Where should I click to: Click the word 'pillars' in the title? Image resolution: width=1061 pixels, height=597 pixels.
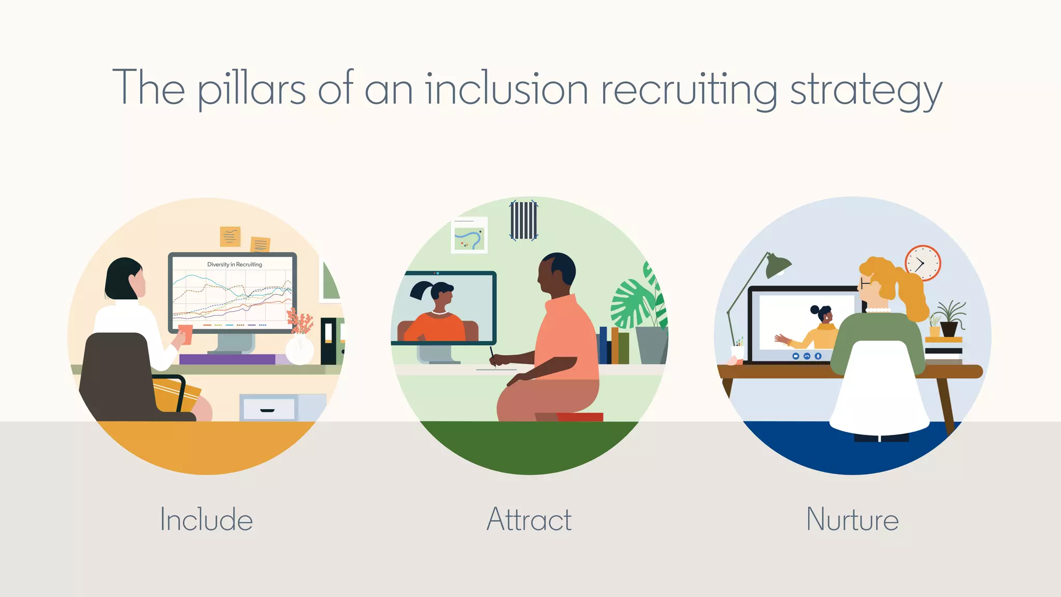tap(252, 89)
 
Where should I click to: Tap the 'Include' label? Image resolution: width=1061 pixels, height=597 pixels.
tap(206, 519)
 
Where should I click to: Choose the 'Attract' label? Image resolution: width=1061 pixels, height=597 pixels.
tap(529, 519)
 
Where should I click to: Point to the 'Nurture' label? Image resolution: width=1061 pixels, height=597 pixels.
tap(852, 519)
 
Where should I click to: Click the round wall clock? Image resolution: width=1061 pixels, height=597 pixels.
tap(923, 263)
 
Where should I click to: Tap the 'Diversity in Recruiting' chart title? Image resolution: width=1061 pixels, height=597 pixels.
tap(235, 264)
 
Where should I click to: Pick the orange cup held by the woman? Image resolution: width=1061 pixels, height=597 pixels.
tap(185, 334)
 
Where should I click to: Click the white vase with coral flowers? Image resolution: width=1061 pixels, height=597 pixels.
tap(299, 349)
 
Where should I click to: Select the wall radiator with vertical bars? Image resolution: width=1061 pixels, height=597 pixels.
tap(524, 220)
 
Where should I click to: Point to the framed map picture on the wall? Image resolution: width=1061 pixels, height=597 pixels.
tap(469, 235)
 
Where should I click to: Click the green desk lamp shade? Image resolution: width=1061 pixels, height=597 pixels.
tap(778, 265)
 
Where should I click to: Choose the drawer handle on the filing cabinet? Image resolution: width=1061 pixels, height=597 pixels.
tap(267, 410)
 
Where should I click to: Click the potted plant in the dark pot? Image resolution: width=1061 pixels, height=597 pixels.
tap(950, 319)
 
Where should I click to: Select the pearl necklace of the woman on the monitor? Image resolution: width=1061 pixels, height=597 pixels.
tap(439, 313)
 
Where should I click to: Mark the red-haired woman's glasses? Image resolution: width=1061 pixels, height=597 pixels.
tap(863, 283)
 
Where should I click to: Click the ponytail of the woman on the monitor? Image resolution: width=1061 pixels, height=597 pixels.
tap(421, 290)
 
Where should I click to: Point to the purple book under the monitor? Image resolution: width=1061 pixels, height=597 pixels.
tap(228, 359)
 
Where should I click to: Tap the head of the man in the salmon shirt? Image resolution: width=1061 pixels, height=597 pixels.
tap(556, 273)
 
